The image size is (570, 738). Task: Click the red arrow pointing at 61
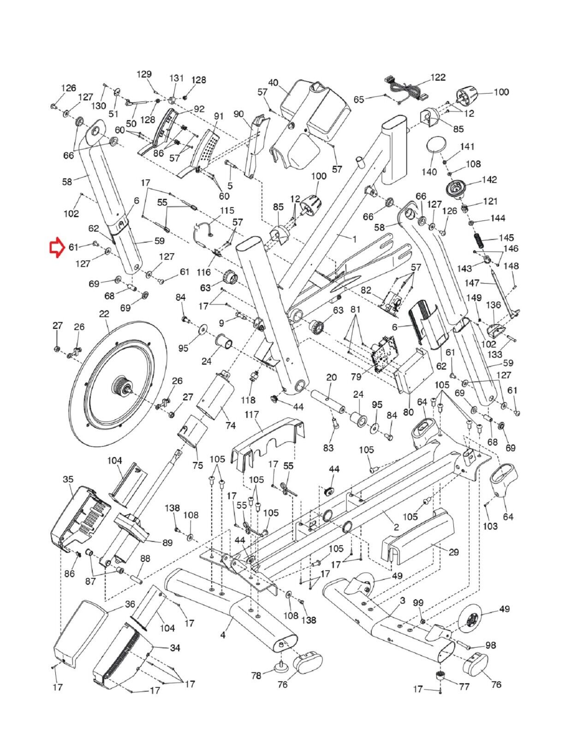56,248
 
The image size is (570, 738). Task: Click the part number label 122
438,77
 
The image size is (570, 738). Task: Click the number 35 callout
68,479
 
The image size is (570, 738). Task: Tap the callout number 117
252,415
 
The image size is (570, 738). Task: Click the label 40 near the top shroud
273,83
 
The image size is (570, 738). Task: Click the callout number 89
167,542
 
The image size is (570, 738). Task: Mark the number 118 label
248,399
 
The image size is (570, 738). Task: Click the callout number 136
493,306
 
